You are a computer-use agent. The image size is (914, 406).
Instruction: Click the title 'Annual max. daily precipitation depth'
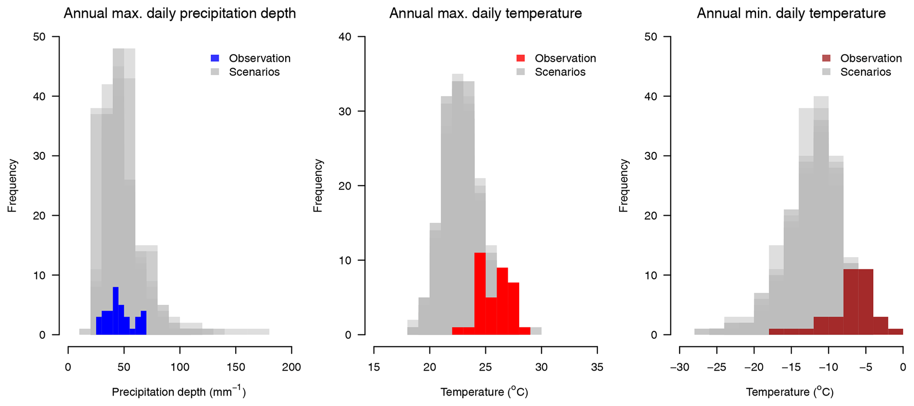pos(180,14)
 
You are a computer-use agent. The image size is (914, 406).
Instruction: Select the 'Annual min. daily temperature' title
pos(791,14)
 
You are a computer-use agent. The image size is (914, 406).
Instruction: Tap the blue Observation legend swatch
pos(215,58)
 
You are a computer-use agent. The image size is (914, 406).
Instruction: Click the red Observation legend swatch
pos(521,58)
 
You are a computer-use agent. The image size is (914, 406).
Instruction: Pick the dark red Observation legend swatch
pos(826,58)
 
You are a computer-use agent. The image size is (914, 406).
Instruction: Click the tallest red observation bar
pos(480,294)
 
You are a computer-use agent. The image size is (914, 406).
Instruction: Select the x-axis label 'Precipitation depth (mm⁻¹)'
pos(179,392)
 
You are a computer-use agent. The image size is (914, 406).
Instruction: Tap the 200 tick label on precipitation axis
pos(291,368)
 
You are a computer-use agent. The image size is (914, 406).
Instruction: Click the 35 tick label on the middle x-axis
pos(597,368)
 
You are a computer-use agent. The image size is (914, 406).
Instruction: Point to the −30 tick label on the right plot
pos(679,368)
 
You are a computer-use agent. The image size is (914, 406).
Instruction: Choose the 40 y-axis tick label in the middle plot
pos(345,37)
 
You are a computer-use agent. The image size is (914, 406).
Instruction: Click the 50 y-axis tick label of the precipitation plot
pos(39,37)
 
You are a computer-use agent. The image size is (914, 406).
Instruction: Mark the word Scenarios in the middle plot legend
pos(560,72)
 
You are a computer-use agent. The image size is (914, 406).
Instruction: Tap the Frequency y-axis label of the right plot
pos(623,186)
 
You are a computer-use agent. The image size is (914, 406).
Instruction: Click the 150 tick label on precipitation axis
pos(235,368)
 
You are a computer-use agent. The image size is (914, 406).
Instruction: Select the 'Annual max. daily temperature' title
pos(486,14)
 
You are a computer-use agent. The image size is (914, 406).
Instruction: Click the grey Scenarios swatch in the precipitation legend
pos(215,72)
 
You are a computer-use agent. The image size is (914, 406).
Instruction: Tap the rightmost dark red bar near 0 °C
pos(895,332)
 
